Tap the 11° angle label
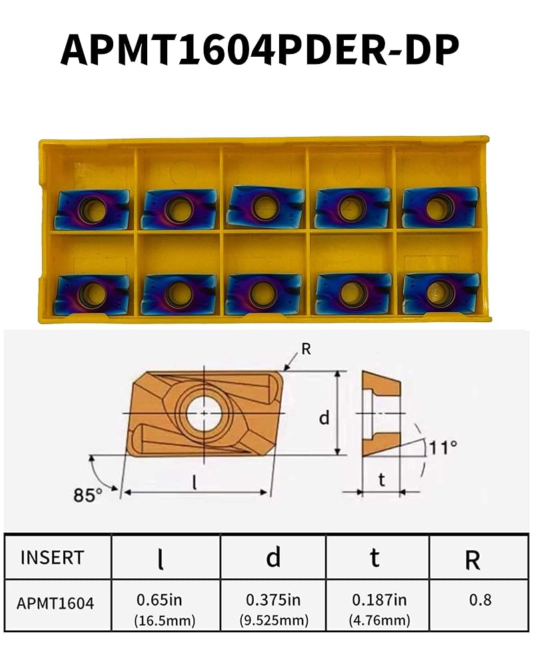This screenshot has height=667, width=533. click(x=442, y=446)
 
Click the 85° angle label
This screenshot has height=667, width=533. click(x=88, y=495)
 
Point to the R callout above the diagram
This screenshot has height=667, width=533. click(x=306, y=348)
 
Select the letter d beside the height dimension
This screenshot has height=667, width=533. click(x=324, y=418)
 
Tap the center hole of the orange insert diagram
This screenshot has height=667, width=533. click(x=202, y=414)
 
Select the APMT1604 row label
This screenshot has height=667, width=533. click(x=56, y=604)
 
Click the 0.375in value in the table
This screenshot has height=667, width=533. click(x=274, y=599)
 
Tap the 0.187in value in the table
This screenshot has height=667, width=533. click(x=378, y=599)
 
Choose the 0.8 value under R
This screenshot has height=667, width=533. click(x=480, y=600)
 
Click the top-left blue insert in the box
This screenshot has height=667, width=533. click(x=92, y=209)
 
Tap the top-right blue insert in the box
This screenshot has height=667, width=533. click(x=440, y=207)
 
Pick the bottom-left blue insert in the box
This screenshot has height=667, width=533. click(x=91, y=294)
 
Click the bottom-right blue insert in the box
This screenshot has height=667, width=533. click(x=440, y=292)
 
